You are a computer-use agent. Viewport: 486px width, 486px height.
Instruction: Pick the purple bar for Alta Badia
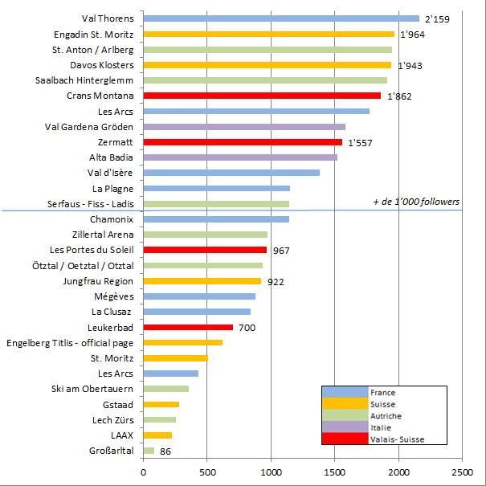click(x=240, y=157)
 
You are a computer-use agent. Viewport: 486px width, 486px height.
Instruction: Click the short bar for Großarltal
click(x=149, y=451)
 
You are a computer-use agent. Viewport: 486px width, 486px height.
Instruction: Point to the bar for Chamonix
click(x=216, y=219)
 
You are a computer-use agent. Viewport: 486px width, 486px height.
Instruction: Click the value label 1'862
click(x=400, y=96)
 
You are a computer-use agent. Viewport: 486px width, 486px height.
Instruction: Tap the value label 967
click(x=281, y=251)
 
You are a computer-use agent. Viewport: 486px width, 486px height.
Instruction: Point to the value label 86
click(x=165, y=451)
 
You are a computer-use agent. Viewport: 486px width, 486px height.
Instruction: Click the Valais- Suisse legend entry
click(x=397, y=439)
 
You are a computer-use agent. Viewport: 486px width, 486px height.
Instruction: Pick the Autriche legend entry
click(x=386, y=416)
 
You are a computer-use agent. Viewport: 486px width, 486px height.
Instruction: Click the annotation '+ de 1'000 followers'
click(x=415, y=201)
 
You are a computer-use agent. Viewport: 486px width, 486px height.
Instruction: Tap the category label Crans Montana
click(x=100, y=96)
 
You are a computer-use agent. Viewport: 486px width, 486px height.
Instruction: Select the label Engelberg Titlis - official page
click(x=70, y=343)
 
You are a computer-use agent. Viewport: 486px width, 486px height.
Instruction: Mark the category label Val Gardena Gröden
click(x=89, y=127)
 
